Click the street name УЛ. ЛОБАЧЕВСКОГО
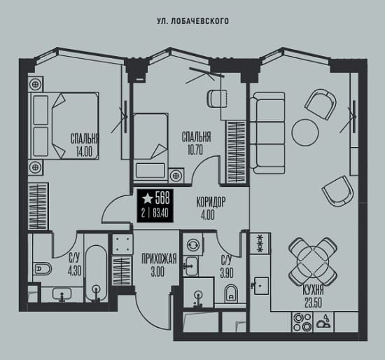tap(192, 21)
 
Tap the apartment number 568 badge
tap(155, 206)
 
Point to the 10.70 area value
tap(195, 149)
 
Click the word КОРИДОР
tap(211, 202)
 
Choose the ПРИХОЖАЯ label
tap(159, 259)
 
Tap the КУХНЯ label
tap(313, 291)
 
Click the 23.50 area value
tap(313, 303)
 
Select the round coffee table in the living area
tap(305, 132)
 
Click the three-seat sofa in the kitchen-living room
tap(267, 133)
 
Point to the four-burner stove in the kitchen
tap(302, 322)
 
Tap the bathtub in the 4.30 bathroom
tap(97, 273)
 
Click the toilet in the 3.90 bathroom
tap(231, 293)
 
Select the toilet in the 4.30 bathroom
tap(42, 269)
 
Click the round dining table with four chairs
tap(313, 262)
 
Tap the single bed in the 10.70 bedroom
tap(150, 146)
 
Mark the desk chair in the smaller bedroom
tap(218, 99)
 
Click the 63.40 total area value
tap(160, 213)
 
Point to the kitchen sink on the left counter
tap(261, 286)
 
